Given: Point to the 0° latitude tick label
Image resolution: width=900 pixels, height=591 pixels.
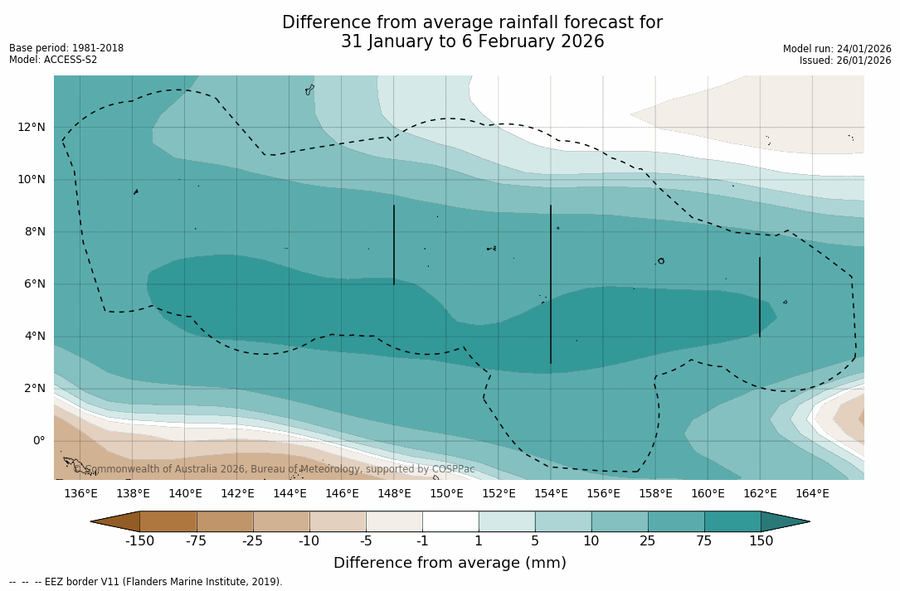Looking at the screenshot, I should point(39,441).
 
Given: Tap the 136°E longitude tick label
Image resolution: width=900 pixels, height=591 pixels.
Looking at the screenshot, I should point(80,494).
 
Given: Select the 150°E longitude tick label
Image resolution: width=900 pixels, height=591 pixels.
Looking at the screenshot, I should point(446,494).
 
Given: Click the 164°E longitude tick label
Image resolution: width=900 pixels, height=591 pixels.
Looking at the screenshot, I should point(812,494).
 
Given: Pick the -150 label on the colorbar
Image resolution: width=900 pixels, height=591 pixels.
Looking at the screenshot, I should point(140,541).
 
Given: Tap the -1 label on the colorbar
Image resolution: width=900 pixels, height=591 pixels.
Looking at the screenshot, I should point(422,541).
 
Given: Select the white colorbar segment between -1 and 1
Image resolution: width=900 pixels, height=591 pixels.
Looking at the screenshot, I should point(450,521).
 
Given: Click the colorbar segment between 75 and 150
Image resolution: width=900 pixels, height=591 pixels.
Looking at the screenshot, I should point(732,521).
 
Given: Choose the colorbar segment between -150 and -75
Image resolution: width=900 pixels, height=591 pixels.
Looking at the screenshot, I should point(168,521).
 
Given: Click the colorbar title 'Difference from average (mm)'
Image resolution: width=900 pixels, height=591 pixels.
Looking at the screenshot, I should point(450,563).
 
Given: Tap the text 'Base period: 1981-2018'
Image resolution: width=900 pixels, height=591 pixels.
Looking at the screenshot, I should point(66,48).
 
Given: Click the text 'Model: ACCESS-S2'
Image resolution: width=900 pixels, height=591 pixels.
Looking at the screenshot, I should point(53,60).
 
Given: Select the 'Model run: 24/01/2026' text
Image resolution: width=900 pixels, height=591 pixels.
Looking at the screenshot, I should point(837,49).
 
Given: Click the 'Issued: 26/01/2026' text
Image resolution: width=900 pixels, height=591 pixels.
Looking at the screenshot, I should point(845,61).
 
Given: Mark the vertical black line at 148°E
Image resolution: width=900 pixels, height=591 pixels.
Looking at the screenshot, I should point(394,245).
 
